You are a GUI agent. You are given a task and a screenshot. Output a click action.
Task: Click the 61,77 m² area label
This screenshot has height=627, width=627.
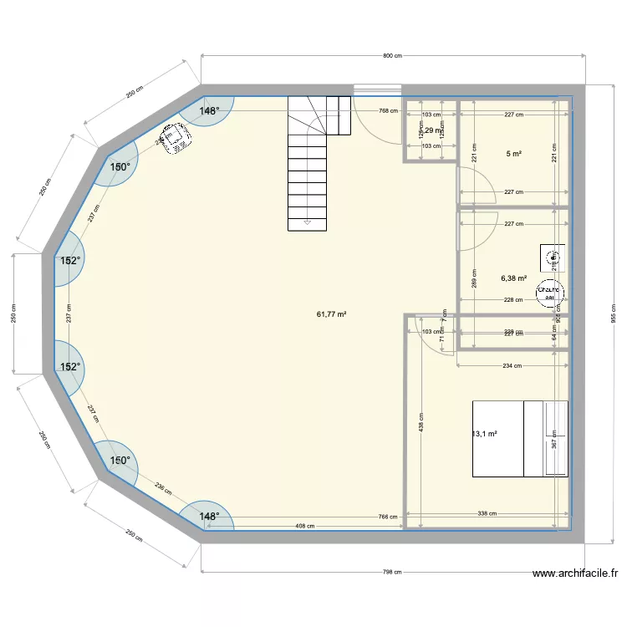[332, 314]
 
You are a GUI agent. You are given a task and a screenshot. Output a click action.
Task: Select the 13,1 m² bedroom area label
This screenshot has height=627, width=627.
[486, 434]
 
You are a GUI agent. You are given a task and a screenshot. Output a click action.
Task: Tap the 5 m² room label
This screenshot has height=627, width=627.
[513, 154]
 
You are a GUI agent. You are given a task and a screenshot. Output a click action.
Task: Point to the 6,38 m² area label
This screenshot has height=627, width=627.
[513, 278]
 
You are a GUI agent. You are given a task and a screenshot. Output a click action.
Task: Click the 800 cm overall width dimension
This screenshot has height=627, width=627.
[393, 56]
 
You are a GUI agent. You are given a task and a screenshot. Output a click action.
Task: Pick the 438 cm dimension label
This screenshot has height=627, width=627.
[422, 426]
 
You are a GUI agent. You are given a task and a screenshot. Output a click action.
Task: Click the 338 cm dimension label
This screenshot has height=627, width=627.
[487, 514]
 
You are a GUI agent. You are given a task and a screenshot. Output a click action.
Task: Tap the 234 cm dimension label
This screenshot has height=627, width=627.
[512, 365]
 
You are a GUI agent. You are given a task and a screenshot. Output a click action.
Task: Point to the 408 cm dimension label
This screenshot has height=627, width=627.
[304, 526]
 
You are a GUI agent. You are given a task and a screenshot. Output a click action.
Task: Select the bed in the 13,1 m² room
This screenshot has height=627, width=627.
[519, 439]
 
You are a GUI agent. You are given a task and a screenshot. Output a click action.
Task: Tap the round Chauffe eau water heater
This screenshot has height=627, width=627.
[549, 289]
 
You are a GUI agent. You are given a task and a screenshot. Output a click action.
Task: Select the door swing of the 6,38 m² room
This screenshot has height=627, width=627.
[472, 230]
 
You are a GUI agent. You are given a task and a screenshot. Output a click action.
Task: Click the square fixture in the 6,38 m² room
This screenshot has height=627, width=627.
[552, 257]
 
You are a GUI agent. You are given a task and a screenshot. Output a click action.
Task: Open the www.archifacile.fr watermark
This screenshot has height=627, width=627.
[575, 574]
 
